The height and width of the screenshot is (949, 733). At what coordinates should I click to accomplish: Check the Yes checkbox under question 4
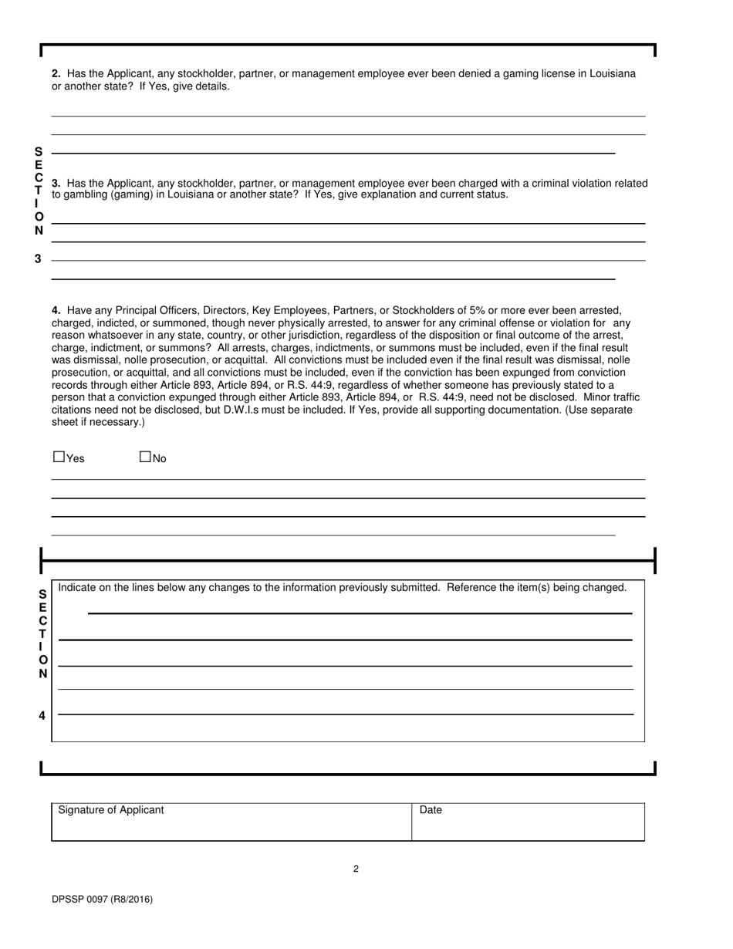(x=59, y=457)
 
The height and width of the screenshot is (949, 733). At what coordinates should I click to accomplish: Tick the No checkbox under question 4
(x=145, y=457)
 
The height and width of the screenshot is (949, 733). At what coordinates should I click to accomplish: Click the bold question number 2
(x=56, y=74)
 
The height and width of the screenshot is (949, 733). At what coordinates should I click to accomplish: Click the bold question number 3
(x=56, y=184)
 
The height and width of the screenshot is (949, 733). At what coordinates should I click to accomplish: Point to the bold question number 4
(x=56, y=310)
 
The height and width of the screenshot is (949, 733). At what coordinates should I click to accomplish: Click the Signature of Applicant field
(x=231, y=823)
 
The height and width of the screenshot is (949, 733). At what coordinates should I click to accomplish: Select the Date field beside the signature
(x=528, y=823)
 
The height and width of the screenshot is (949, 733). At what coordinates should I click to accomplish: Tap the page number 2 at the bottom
(x=356, y=870)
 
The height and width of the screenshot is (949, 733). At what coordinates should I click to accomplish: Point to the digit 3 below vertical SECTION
(x=38, y=259)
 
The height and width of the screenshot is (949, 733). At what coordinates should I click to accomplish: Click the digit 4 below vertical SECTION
(x=42, y=716)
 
